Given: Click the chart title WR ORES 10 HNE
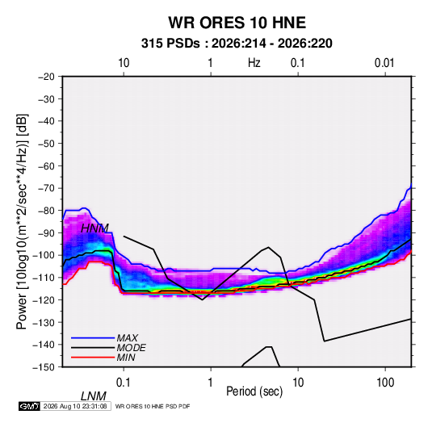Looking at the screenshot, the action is (x=237, y=23).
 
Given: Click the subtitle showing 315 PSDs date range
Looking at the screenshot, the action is (x=237, y=44).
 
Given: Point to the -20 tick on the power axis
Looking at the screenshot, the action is (x=46, y=77).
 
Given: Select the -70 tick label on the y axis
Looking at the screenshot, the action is (x=46, y=188).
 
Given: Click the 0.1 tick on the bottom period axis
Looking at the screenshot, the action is (x=123, y=383).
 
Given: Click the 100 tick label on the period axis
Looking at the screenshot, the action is (x=385, y=383).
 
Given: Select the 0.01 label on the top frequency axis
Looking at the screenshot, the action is (x=384, y=63).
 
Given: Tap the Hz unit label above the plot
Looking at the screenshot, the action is (x=254, y=63).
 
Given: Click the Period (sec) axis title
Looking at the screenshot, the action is (x=254, y=391).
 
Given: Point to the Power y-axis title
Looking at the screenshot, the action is (x=22, y=222).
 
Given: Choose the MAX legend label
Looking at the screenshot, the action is (x=127, y=338).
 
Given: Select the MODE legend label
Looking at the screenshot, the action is (x=131, y=348).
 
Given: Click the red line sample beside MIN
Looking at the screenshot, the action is (x=93, y=358).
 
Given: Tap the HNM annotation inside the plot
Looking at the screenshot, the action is (x=94, y=228).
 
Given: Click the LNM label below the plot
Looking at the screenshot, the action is (x=94, y=396).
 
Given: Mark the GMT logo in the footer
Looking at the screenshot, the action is (x=29, y=406).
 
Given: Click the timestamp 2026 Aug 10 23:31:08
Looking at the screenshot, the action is (x=75, y=406).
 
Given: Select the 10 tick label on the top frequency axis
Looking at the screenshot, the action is (x=124, y=63).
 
